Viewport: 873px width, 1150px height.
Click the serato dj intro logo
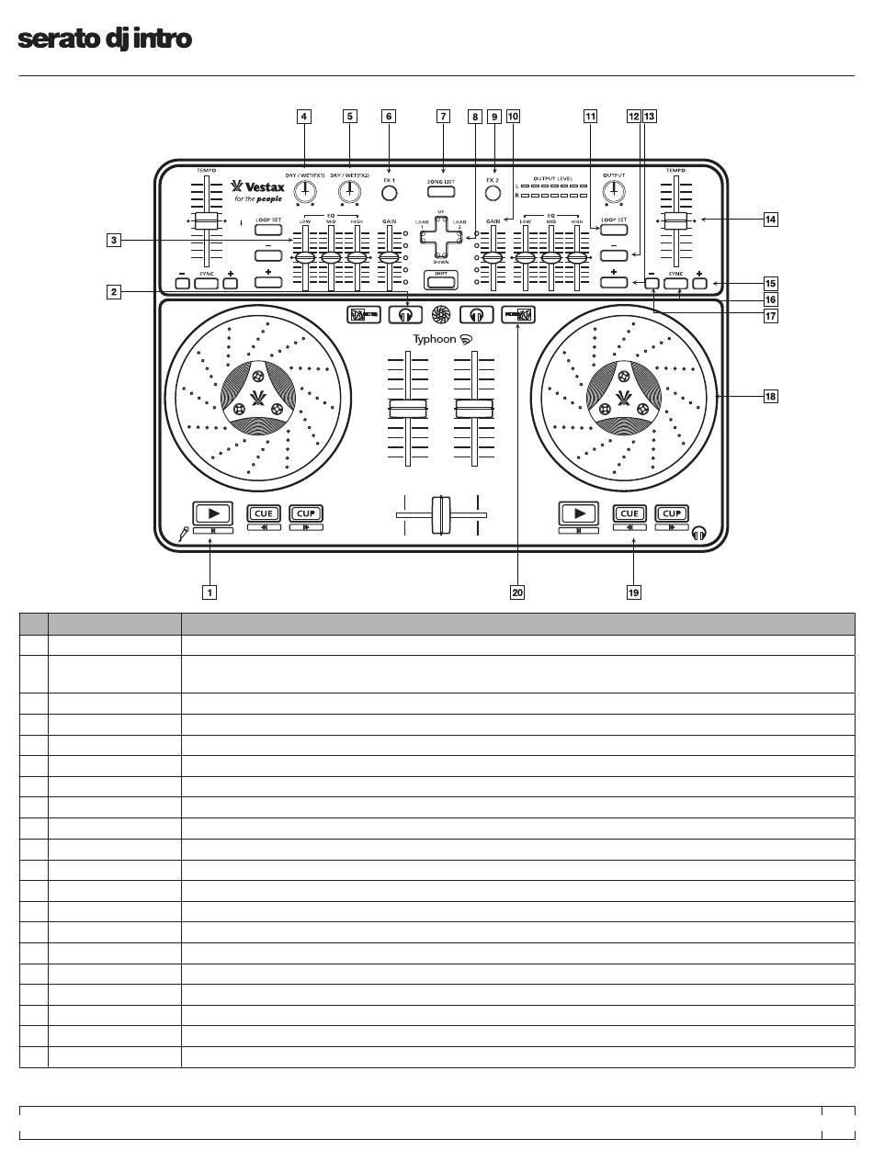tap(105, 39)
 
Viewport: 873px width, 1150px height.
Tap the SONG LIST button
tap(441, 192)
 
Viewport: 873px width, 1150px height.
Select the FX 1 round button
tap(390, 194)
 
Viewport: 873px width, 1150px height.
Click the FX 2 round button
tap(493, 194)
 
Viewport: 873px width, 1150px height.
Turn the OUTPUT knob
tap(613, 191)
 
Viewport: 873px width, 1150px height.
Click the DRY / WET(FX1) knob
tap(307, 191)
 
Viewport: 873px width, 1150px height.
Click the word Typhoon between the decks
tap(434, 339)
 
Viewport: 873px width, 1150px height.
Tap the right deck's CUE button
tap(630, 513)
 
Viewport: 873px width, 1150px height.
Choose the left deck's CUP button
tap(306, 513)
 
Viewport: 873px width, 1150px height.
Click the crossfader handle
tap(441, 515)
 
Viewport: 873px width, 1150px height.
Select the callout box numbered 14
tap(770, 220)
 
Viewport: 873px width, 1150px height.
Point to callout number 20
tap(517, 592)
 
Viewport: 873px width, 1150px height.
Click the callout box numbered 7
tap(443, 117)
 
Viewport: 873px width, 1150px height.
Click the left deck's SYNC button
tap(206, 282)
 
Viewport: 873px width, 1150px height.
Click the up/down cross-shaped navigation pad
tap(441, 236)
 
